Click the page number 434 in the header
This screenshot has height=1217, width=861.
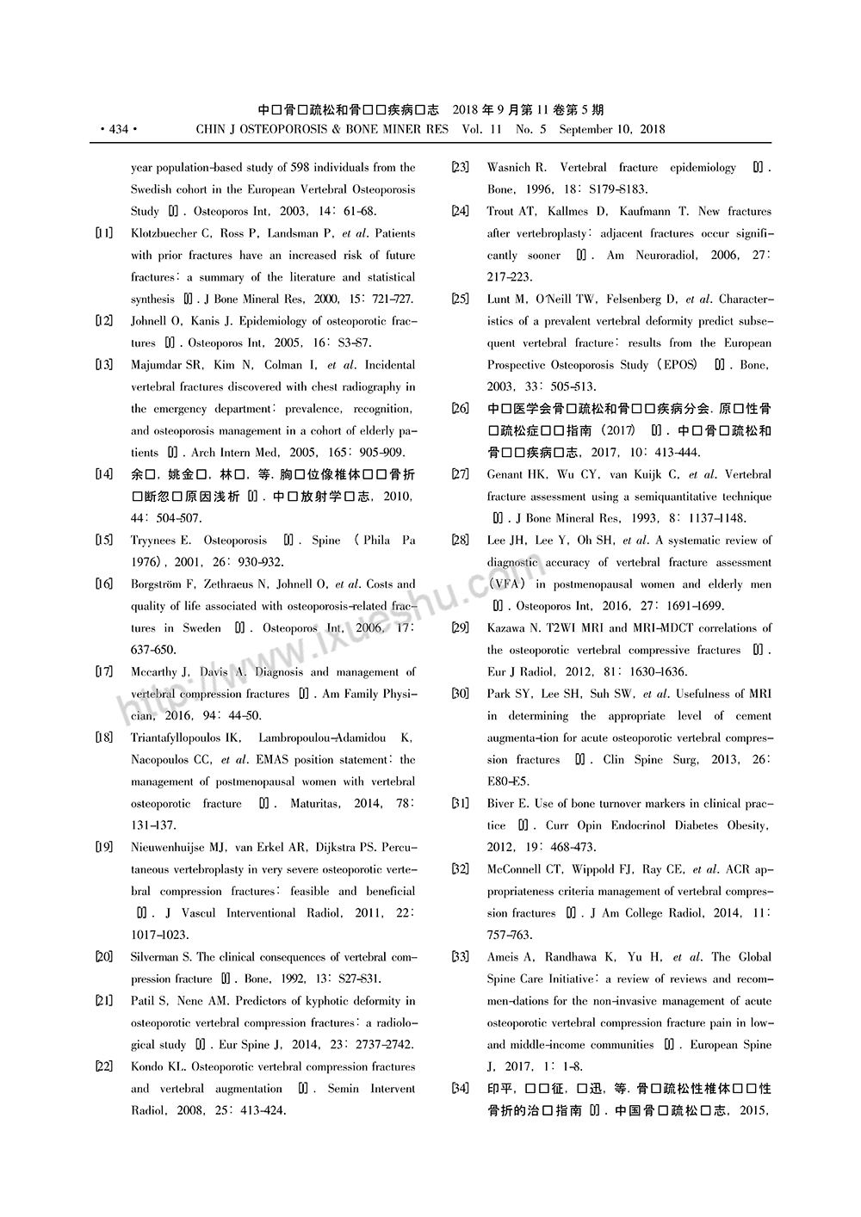(118, 130)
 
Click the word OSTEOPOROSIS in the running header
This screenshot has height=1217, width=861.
(283, 130)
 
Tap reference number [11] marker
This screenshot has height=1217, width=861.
(103, 233)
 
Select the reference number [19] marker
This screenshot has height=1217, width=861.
(103, 847)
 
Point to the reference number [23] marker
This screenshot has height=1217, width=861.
(460, 167)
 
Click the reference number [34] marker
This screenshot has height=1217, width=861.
(460, 1089)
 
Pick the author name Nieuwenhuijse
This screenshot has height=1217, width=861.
(170, 847)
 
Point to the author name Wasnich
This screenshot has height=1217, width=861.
(511, 167)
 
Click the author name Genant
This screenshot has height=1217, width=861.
(507, 474)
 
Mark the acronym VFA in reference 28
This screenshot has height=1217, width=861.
(506, 584)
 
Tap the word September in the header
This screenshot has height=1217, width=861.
(588, 130)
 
